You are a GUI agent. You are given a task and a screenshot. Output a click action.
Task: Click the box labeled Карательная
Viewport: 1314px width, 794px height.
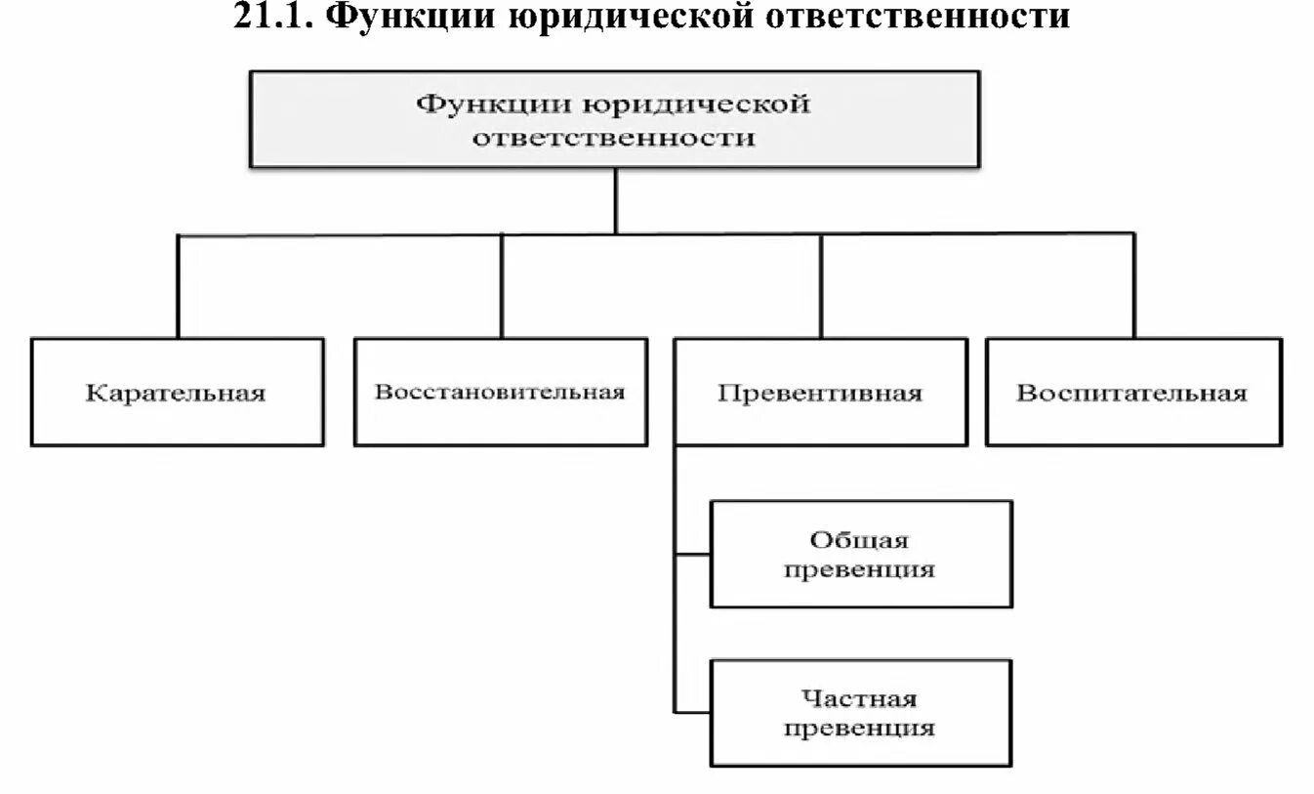(x=177, y=393)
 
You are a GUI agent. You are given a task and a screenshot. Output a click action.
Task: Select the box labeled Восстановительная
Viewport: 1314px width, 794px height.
(x=500, y=393)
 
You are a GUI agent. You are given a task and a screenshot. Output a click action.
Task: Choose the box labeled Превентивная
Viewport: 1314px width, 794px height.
(x=820, y=393)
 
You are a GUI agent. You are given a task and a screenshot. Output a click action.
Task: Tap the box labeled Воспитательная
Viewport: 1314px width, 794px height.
(x=1132, y=393)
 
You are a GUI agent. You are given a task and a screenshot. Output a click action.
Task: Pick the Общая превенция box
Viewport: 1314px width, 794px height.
(x=860, y=554)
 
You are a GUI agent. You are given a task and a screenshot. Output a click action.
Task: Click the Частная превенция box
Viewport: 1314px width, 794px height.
(x=860, y=713)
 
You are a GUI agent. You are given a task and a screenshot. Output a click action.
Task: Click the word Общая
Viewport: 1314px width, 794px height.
(x=859, y=540)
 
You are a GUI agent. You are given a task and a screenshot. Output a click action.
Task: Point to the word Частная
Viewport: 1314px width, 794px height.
(x=859, y=698)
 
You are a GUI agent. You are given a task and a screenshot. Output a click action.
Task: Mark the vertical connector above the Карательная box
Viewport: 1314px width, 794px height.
(x=178, y=286)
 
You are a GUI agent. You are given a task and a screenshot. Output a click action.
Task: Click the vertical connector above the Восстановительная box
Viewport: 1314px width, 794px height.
(x=502, y=286)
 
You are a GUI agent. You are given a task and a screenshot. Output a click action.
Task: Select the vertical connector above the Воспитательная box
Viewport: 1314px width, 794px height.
(x=1133, y=286)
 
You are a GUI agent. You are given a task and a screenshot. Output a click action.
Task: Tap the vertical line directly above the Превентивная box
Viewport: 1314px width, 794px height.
(x=821, y=286)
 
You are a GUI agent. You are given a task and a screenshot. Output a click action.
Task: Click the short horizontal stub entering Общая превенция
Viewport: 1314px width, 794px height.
(x=692, y=554)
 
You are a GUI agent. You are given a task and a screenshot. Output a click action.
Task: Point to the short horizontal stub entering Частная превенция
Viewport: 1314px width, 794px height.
(x=692, y=713)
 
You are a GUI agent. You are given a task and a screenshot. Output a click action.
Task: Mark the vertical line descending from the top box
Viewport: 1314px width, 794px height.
(x=615, y=201)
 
